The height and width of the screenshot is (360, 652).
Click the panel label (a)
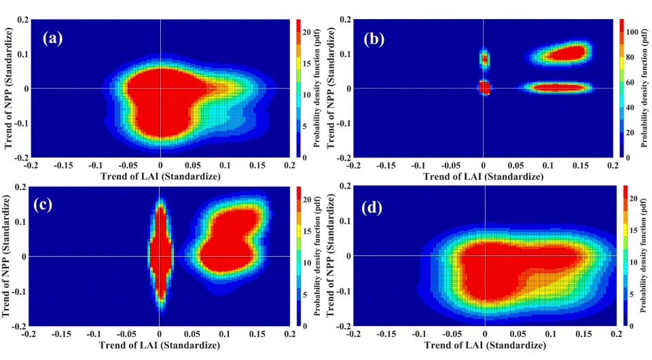[52, 38]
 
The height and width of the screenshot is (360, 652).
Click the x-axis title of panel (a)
[160, 176]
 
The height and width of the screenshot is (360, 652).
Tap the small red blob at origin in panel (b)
[484, 88]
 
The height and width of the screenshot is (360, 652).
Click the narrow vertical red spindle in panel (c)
[160, 255]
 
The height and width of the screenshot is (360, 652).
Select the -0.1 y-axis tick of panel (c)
[16, 291]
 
